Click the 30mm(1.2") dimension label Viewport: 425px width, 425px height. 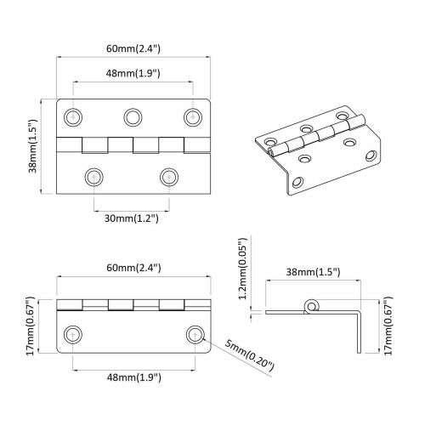point(130,218)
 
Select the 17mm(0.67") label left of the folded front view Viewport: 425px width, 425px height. point(31,325)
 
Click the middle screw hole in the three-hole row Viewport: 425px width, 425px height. point(133,116)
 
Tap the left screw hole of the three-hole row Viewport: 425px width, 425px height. point(76,116)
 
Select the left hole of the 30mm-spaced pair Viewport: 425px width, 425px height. point(93,176)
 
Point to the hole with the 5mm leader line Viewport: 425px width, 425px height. point(195,333)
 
